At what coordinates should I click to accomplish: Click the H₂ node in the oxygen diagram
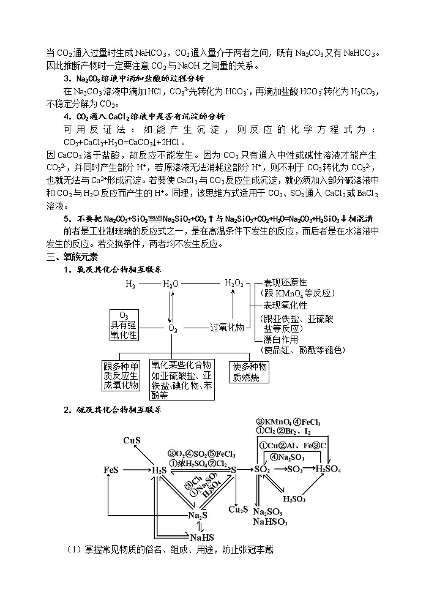click(130, 284)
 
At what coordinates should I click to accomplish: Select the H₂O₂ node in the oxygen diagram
click(234, 283)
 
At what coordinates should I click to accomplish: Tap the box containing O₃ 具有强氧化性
click(124, 325)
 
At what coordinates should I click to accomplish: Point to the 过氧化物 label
click(227, 328)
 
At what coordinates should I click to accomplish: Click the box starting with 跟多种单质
click(121, 375)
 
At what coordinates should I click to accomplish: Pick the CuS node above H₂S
click(132, 440)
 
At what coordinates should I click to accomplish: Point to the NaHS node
click(201, 538)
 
